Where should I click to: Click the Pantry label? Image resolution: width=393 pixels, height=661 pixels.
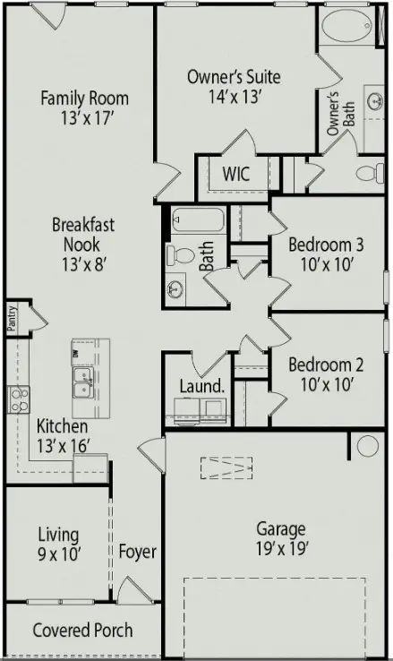(x=13, y=318)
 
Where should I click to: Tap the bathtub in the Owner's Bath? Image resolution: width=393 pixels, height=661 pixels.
(x=347, y=26)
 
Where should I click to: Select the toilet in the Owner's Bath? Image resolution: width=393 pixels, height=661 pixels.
(x=371, y=173)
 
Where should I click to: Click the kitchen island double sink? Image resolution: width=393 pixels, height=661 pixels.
(x=83, y=382)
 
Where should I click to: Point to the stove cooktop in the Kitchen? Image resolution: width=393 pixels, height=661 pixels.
(x=19, y=399)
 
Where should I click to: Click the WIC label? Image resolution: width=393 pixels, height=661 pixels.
(x=235, y=174)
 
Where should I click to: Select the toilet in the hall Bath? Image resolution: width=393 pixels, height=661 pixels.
(x=180, y=255)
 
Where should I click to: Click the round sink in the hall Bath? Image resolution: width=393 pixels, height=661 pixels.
(x=175, y=289)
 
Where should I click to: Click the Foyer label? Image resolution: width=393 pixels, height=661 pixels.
(x=137, y=552)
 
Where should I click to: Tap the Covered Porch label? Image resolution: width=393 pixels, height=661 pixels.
(x=82, y=631)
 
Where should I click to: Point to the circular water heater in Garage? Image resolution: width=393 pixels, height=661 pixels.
(x=367, y=446)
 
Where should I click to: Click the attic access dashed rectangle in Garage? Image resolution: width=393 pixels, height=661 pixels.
(x=226, y=468)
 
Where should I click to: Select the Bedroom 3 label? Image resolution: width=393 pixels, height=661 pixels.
(x=326, y=245)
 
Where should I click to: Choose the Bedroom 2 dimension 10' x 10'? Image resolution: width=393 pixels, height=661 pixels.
(x=327, y=384)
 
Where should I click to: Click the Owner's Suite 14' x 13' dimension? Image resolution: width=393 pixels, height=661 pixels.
(x=235, y=97)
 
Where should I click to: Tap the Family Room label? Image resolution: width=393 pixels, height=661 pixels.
(x=85, y=99)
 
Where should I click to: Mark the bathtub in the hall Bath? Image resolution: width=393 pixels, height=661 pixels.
(x=198, y=219)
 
